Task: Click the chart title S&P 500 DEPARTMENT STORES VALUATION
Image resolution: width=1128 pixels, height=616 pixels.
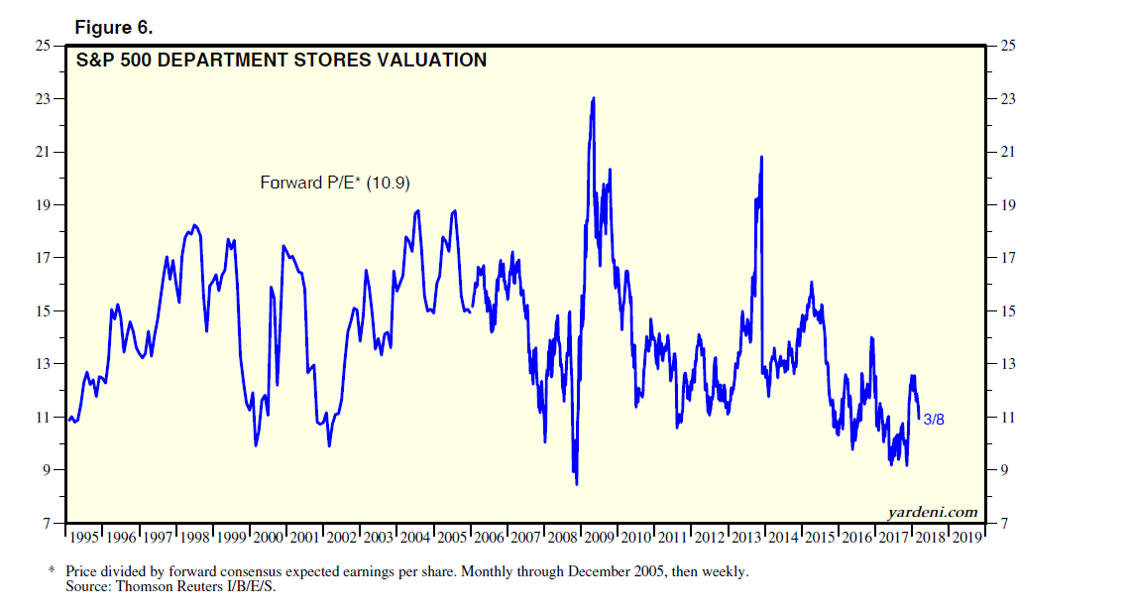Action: pos(282,61)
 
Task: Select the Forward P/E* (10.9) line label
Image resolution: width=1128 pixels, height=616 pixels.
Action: pos(335,183)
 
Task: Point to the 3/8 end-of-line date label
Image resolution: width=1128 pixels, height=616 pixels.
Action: pos(934,421)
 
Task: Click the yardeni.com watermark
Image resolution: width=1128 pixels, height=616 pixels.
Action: pos(931,512)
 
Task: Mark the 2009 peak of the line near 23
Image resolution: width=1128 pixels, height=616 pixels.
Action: pos(593,98)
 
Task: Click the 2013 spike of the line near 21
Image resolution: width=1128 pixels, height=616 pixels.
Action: pos(761,157)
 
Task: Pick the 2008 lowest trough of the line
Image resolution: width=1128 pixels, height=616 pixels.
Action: pos(577,484)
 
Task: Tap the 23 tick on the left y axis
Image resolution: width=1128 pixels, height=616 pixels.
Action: pos(44,99)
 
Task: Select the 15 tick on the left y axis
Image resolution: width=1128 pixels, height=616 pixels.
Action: pos(44,311)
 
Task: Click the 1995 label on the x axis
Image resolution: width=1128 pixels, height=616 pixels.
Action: pos(83,537)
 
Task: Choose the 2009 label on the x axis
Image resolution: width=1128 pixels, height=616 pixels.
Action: pos(598,537)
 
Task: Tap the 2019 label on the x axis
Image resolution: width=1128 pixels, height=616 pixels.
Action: pos(966,537)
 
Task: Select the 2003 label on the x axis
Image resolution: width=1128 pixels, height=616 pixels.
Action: pos(378,537)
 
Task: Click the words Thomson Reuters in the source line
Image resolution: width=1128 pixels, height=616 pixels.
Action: pos(161,587)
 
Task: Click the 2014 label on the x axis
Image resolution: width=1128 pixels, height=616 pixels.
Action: pos(782,537)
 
